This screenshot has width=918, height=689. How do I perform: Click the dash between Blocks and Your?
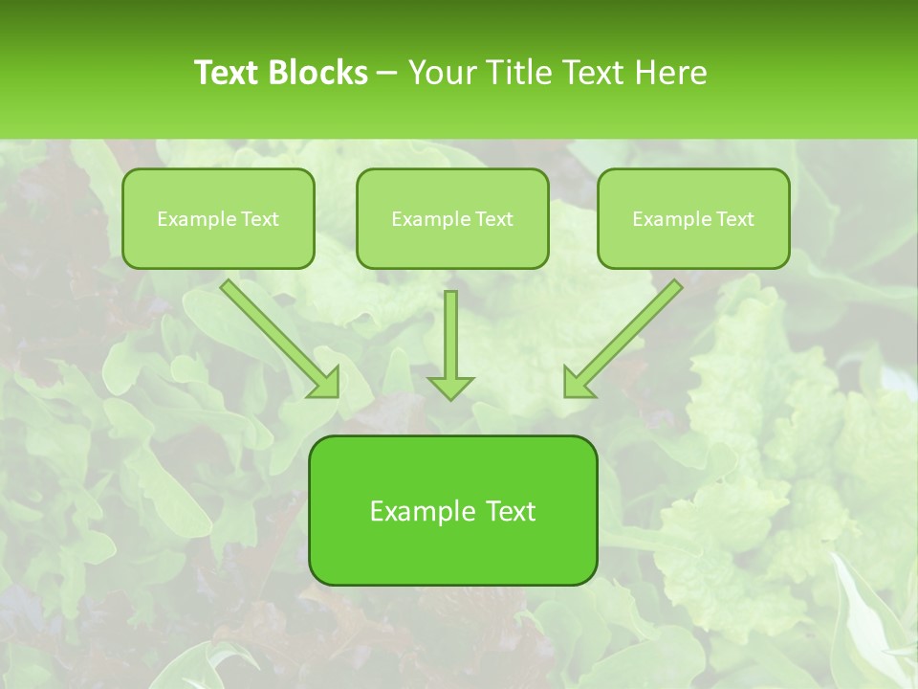click(387, 73)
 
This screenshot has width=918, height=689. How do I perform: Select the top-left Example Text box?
click(218, 218)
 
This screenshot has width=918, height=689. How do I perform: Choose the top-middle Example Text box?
click(452, 218)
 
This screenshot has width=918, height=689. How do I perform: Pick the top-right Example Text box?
click(693, 218)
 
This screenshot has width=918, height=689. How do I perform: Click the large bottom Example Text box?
click(452, 510)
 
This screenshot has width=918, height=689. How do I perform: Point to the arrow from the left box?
click(277, 336)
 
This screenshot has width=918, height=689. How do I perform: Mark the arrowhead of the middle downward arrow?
click(450, 388)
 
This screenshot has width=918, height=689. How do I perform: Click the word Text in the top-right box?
click(734, 219)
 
